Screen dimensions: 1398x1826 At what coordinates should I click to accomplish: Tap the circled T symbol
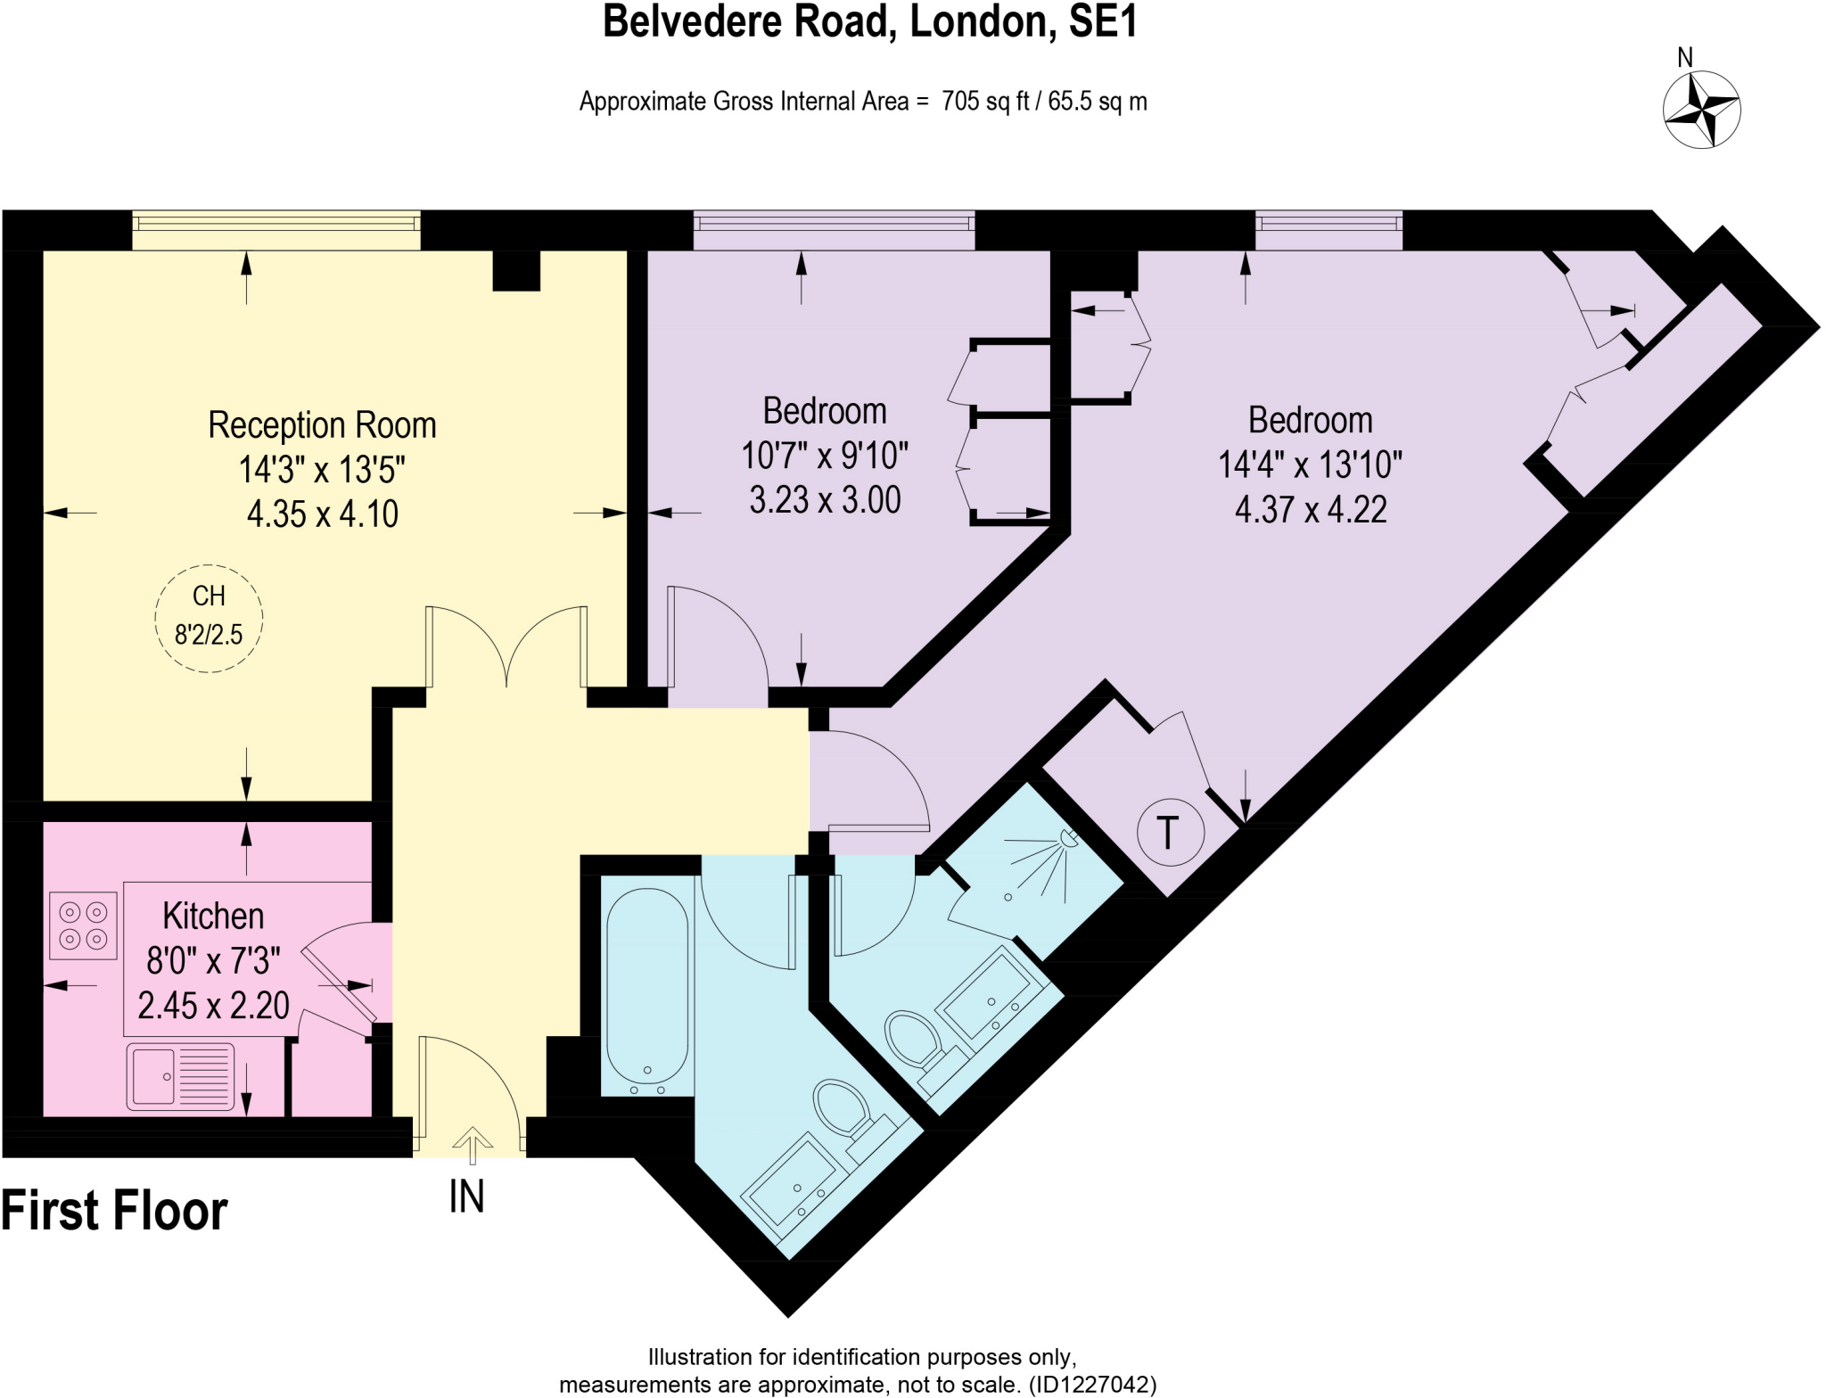[x=1170, y=833]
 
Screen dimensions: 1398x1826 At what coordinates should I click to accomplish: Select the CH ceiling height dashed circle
[x=209, y=617]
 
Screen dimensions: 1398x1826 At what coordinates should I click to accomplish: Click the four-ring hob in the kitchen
[x=83, y=925]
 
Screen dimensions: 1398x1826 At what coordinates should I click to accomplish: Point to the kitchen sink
[x=180, y=1077]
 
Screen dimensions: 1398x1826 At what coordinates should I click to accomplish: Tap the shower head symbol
[x=1067, y=838]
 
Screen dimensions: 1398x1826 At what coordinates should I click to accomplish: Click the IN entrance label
[x=466, y=1197]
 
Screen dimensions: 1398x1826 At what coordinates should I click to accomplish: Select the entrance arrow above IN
[x=472, y=1145]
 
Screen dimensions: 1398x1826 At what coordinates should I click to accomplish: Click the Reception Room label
[x=322, y=425]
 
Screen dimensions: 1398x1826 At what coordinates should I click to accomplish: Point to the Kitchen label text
[x=213, y=916]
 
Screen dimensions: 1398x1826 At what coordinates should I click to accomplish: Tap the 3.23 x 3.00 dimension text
[x=825, y=500]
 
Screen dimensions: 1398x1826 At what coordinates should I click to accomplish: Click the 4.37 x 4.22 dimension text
[x=1311, y=509]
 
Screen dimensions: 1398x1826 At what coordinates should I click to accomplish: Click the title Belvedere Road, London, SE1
[x=870, y=21]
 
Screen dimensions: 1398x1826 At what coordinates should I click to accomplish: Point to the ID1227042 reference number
[x=1092, y=1385]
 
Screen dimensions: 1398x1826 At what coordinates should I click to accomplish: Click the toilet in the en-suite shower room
[x=914, y=1038]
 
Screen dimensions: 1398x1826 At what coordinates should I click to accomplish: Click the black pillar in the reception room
[x=516, y=270]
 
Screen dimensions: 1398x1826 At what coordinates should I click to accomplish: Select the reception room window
[x=276, y=231]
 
